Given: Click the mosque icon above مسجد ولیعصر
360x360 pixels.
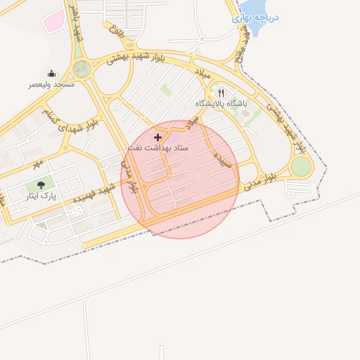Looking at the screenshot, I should click(x=51, y=73).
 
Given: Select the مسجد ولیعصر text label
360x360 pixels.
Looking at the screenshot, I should click(x=51, y=84).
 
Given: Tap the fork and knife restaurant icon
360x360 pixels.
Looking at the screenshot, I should click(x=221, y=92).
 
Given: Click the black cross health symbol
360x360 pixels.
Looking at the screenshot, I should click(x=157, y=137).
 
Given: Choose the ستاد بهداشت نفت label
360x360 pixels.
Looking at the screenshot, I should click(x=157, y=148).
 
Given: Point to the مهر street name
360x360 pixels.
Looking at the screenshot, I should click(x=37, y=162).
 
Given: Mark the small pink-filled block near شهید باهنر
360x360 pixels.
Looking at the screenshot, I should click(x=53, y=21).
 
